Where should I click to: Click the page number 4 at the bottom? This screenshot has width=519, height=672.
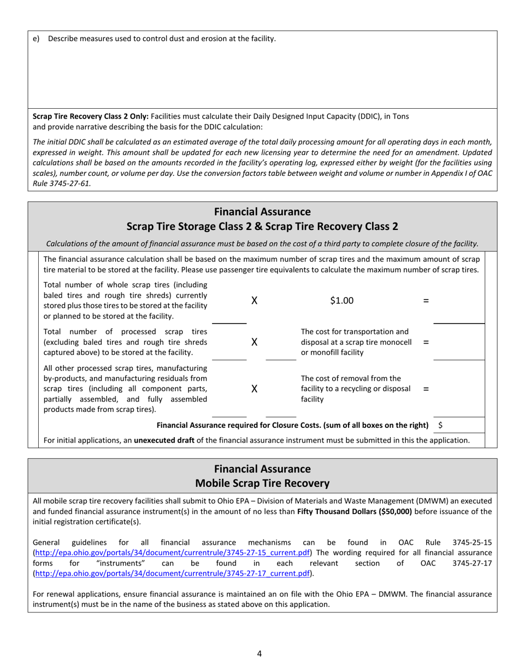(x=259, y=653)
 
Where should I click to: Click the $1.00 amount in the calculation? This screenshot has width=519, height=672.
(x=341, y=300)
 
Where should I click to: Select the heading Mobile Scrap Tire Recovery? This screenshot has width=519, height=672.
(x=262, y=483)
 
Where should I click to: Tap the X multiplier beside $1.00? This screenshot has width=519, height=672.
(x=254, y=300)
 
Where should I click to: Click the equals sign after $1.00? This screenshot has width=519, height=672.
(x=426, y=300)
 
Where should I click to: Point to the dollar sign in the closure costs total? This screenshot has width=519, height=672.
(x=440, y=425)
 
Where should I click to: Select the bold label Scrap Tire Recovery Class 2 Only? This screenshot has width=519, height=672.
(x=91, y=116)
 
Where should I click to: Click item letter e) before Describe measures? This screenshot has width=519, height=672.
(x=36, y=39)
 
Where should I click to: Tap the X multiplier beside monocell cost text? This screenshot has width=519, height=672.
(x=254, y=342)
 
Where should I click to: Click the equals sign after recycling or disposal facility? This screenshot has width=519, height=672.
(x=426, y=389)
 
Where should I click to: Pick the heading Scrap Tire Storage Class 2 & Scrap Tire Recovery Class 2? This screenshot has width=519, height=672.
(x=262, y=226)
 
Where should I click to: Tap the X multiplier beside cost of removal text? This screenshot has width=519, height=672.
(x=254, y=389)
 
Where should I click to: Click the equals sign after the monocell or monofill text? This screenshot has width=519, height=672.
(x=426, y=342)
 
